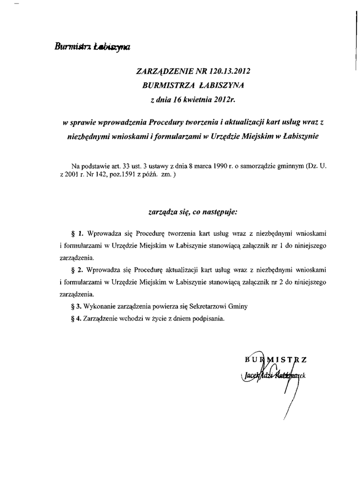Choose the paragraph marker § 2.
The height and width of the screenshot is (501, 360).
pyautogui.click(x=78, y=270)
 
